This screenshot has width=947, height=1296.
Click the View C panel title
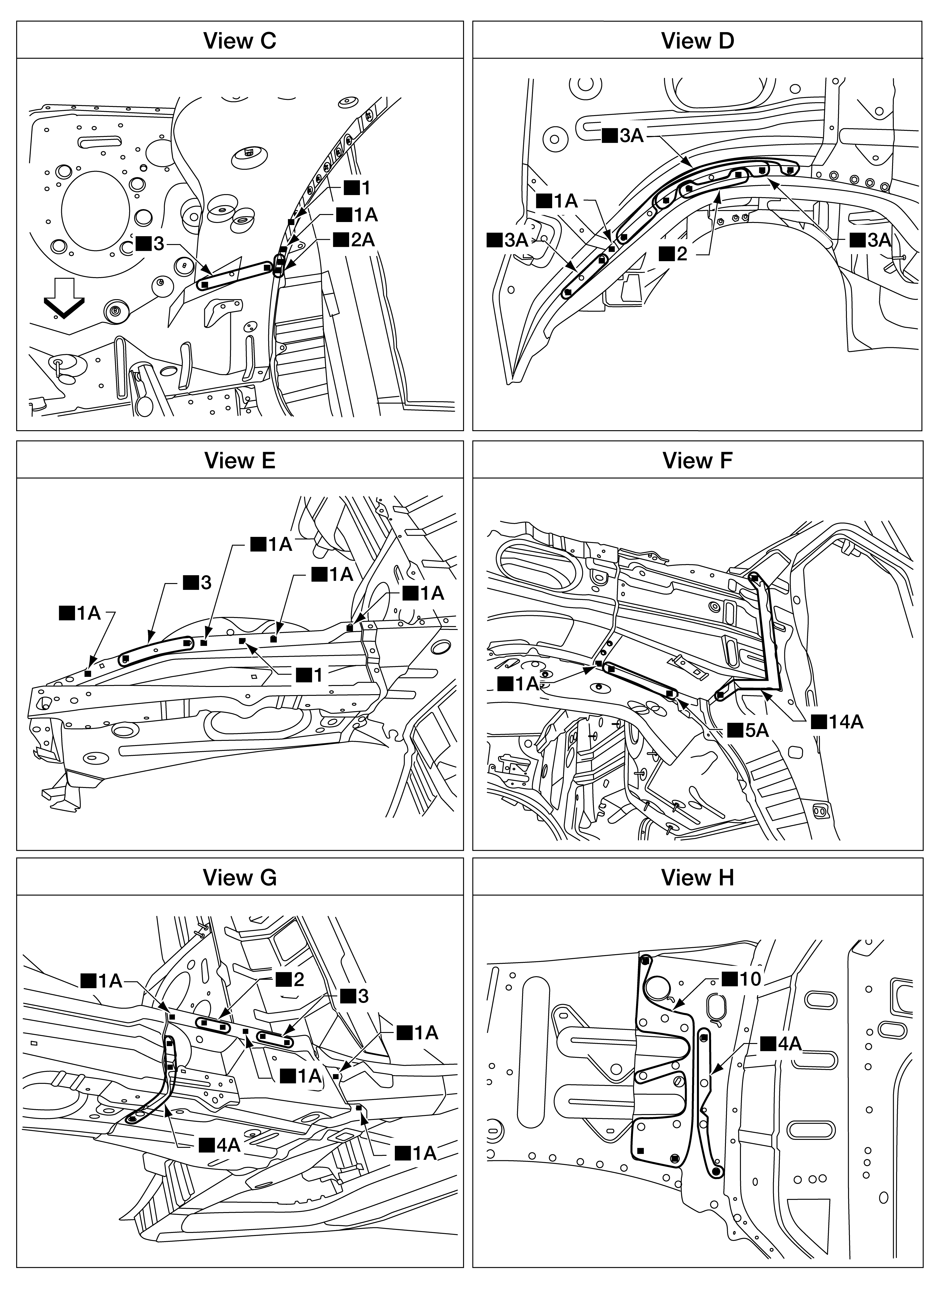pyautogui.click(x=240, y=41)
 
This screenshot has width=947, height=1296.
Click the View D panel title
pyautogui.click(x=697, y=41)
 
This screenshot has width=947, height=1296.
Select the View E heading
pyautogui.click(x=240, y=460)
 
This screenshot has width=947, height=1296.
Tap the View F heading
pyautogui.click(x=697, y=460)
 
